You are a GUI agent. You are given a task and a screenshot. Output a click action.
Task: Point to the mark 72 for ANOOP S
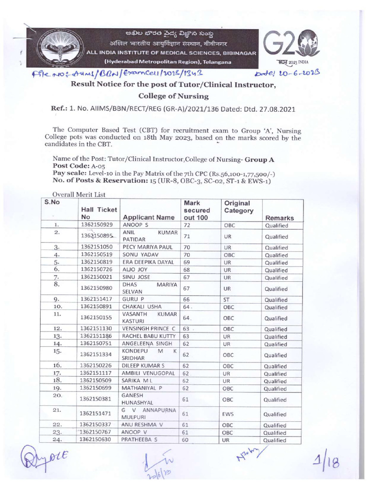187,225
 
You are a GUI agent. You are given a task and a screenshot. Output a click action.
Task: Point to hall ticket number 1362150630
97,440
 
